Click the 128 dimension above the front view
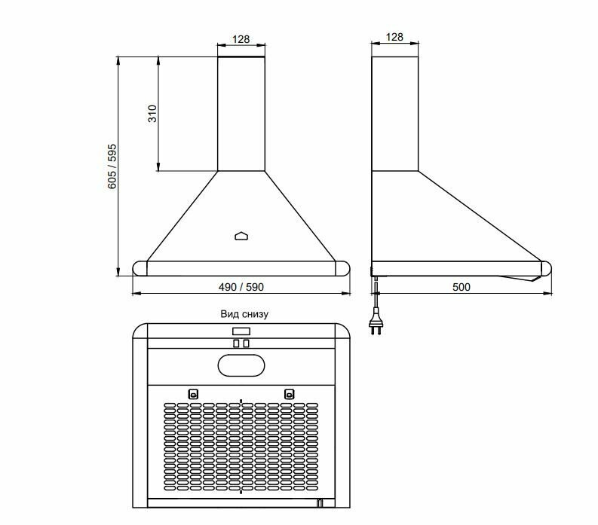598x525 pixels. pos(241,39)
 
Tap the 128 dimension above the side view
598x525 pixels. pos(394,37)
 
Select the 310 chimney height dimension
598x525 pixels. pos(152,114)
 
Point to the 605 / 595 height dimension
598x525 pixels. pos(112,166)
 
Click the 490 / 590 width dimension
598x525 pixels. pos(241,287)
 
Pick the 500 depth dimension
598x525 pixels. pos(461,287)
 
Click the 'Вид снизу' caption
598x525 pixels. pos(244,314)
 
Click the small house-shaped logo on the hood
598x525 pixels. pos(241,237)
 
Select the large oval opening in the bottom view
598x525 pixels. pos(241,365)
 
